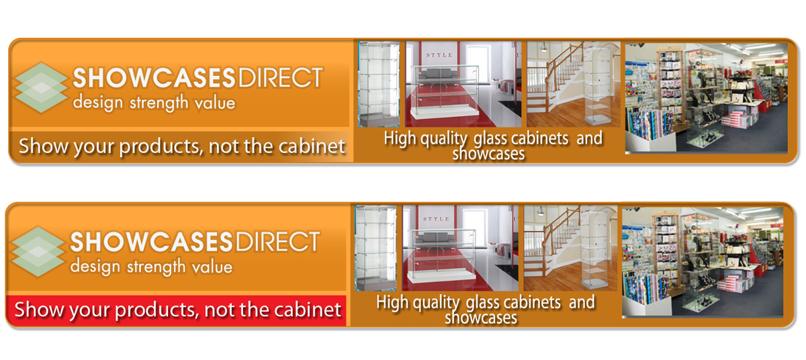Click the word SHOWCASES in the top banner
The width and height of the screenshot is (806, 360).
[154, 78]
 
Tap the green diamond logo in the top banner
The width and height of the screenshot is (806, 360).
[40, 87]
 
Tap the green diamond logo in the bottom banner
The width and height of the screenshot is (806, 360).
[38, 251]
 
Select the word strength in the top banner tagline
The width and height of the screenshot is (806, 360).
[159, 103]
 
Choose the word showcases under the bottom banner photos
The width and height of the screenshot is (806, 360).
[481, 318]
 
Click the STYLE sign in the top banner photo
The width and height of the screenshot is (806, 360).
[439, 55]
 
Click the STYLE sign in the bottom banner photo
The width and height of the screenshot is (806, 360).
[436, 219]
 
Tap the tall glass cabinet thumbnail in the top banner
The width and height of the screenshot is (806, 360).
[379, 84]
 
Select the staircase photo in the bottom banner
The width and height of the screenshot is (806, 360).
[570, 248]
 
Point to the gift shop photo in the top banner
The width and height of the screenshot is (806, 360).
[706, 99]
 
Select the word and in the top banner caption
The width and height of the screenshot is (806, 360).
[590, 138]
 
